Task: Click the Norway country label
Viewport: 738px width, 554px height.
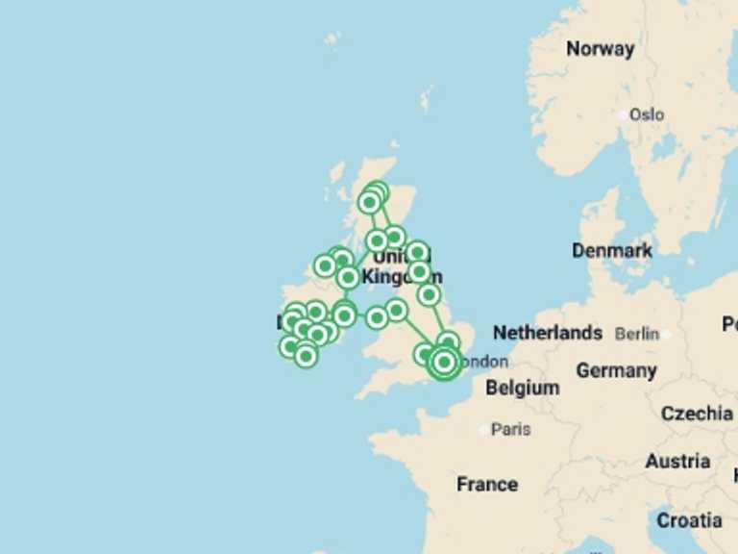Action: coord(600,49)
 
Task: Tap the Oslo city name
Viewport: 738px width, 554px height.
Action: coord(647,114)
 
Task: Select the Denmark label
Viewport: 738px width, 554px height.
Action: coord(612,250)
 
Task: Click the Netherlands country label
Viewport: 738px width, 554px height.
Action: coord(548,333)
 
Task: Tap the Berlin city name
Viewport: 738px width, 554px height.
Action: coord(637,334)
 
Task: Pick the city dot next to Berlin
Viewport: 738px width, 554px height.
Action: coord(664,334)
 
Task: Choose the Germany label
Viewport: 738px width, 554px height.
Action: coord(616,370)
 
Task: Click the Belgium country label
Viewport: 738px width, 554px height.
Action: coord(522,388)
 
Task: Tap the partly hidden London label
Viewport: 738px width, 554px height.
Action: coord(484,362)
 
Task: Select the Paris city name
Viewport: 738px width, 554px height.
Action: coord(510,429)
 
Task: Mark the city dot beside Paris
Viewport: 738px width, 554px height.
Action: coord(484,430)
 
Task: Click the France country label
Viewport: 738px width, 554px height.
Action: coord(487,484)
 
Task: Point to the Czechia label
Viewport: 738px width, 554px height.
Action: coord(697,414)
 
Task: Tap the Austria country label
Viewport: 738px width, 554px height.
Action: coord(677,462)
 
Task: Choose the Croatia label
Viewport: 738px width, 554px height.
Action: coord(689,520)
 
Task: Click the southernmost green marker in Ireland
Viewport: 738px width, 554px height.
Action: coord(306,356)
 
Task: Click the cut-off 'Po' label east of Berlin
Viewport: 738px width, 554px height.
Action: coord(729,324)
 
